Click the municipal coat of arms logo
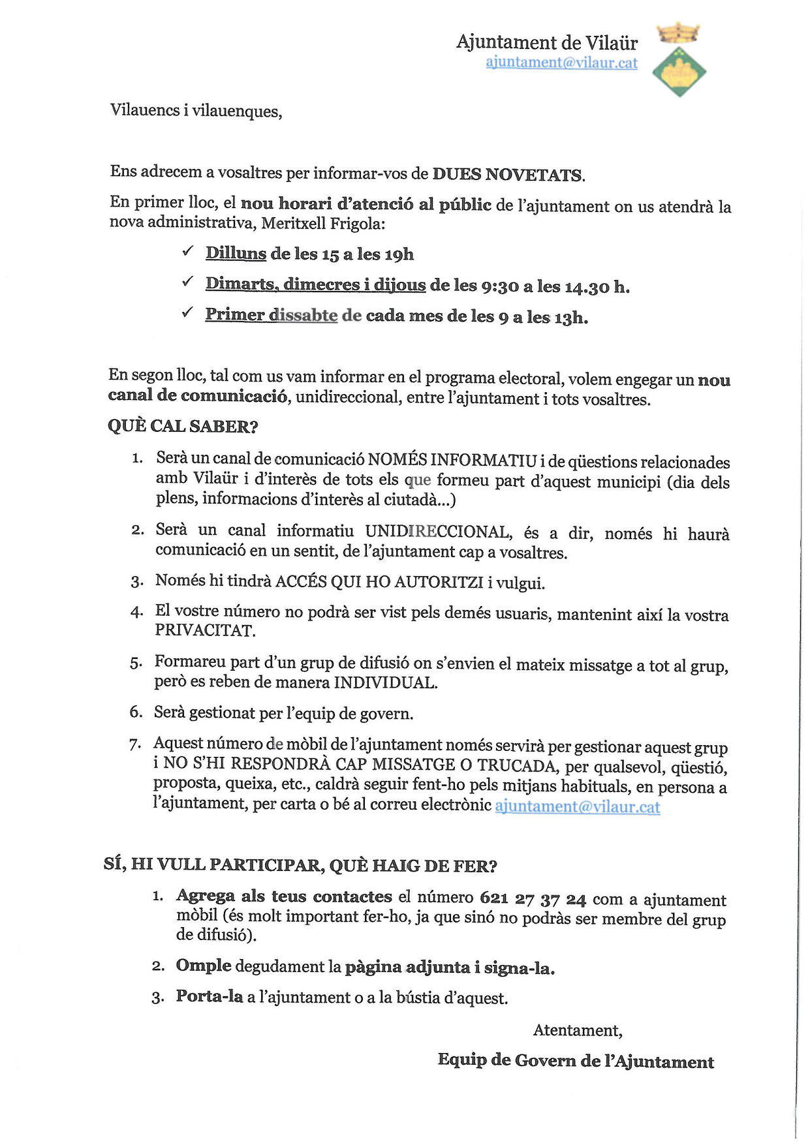679,61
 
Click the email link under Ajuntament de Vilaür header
561,63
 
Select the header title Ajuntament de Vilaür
547,42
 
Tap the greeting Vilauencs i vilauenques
196,110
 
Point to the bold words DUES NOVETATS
508,174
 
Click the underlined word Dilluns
236,253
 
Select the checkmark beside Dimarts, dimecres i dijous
188,282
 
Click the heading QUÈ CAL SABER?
183,426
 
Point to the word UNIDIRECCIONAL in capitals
437,532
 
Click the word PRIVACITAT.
204,630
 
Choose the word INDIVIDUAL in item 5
385,683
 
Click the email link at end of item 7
577,806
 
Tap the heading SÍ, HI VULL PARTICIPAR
300,865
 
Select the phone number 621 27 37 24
533,898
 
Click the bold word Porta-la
209,997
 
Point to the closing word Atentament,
578,1030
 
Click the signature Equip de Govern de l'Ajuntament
576,1061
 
